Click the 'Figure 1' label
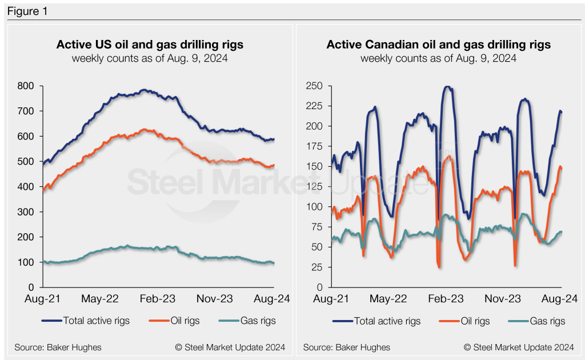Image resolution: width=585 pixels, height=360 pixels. pyautogui.click(x=27, y=11)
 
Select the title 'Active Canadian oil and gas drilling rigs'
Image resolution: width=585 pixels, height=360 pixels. pyautogui.click(x=438, y=45)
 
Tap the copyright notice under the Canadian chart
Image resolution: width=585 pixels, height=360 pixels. pyautogui.click(x=519, y=347)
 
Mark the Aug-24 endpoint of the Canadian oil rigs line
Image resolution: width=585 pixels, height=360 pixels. pyautogui.click(x=562, y=168)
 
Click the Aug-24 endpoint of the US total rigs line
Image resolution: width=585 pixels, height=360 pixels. pyautogui.click(x=274, y=139)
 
